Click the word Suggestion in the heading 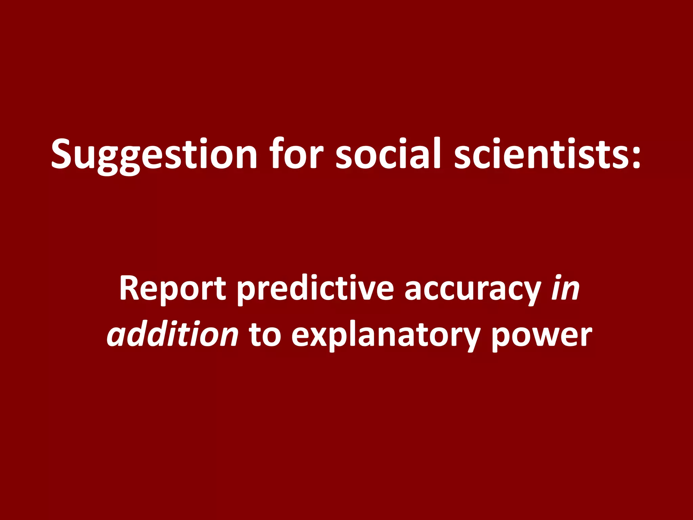154,154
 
